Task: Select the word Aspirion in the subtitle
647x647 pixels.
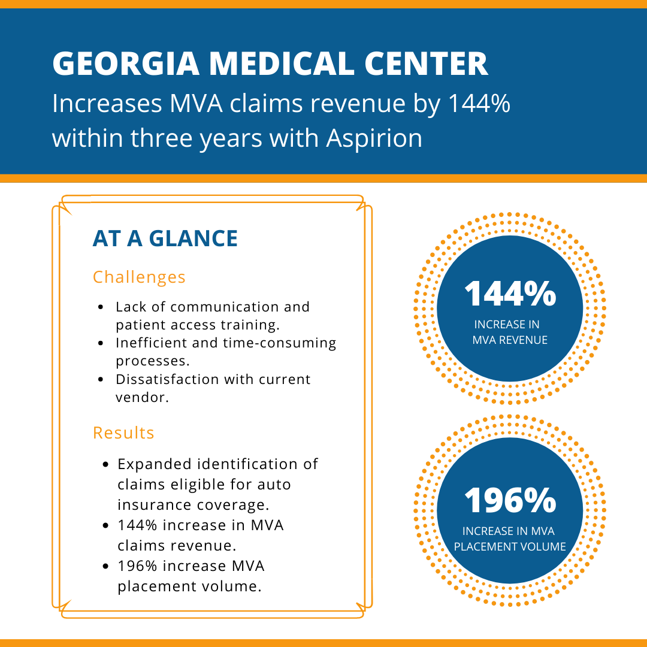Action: pyautogui.click(x=374, y=138)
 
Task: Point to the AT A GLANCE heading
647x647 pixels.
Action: pyautogui.click(x=165, y=238)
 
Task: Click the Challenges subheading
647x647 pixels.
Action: pyautogui.click(x=139, y=277)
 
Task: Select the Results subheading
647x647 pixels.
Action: pyautogui.click(x=123, y=433)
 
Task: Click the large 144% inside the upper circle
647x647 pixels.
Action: pyautogui.click(x=510, y=294)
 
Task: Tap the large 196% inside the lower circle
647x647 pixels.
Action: pyautogui.click(x=510, y=500)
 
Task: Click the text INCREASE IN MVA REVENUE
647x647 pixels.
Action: pyautogui.click(x=510, y=332)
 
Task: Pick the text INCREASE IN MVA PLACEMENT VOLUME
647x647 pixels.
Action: pyautogui.click(x=510, y=539)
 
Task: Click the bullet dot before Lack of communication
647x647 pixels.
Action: pyautogui.click(x=102, y=307)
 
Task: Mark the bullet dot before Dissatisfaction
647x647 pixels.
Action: pyautogui.click(x=102, y=380)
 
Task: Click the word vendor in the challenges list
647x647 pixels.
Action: pyautogui.click(x=139, y=397)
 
